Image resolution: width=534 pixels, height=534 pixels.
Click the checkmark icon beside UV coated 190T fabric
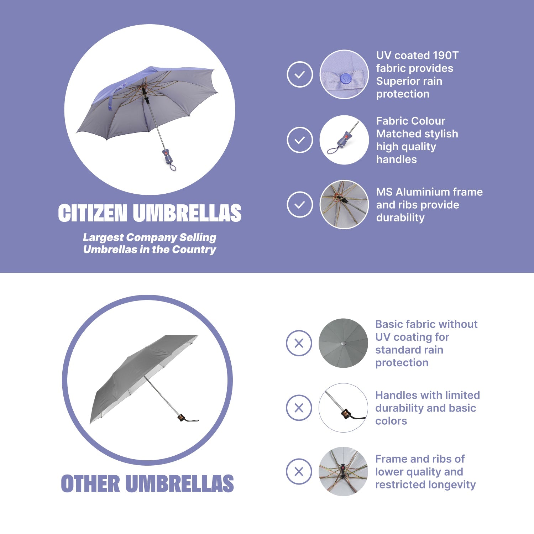point(300,74)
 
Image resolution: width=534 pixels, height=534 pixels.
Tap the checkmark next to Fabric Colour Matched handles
point(300,140)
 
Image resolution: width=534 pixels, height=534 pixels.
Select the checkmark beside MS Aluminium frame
point(300,204)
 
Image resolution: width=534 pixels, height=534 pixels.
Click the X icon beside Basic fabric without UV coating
point(299,343)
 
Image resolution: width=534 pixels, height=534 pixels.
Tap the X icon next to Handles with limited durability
point(299,408)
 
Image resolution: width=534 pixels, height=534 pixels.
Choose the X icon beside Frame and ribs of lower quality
point(299,472)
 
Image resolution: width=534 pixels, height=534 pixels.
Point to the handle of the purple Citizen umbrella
point(168,157)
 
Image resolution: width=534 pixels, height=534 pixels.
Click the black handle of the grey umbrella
point(182,418)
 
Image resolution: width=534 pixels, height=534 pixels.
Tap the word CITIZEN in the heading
point(93,213)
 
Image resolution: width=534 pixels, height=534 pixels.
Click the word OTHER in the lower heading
point(90,483)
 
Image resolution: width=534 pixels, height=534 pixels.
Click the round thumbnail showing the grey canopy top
point(343,343)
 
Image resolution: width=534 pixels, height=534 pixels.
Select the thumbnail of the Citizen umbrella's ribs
point(344,204)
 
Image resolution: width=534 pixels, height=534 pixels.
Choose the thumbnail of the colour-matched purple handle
point(344,140)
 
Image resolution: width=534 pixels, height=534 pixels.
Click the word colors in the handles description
point(391,421)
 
